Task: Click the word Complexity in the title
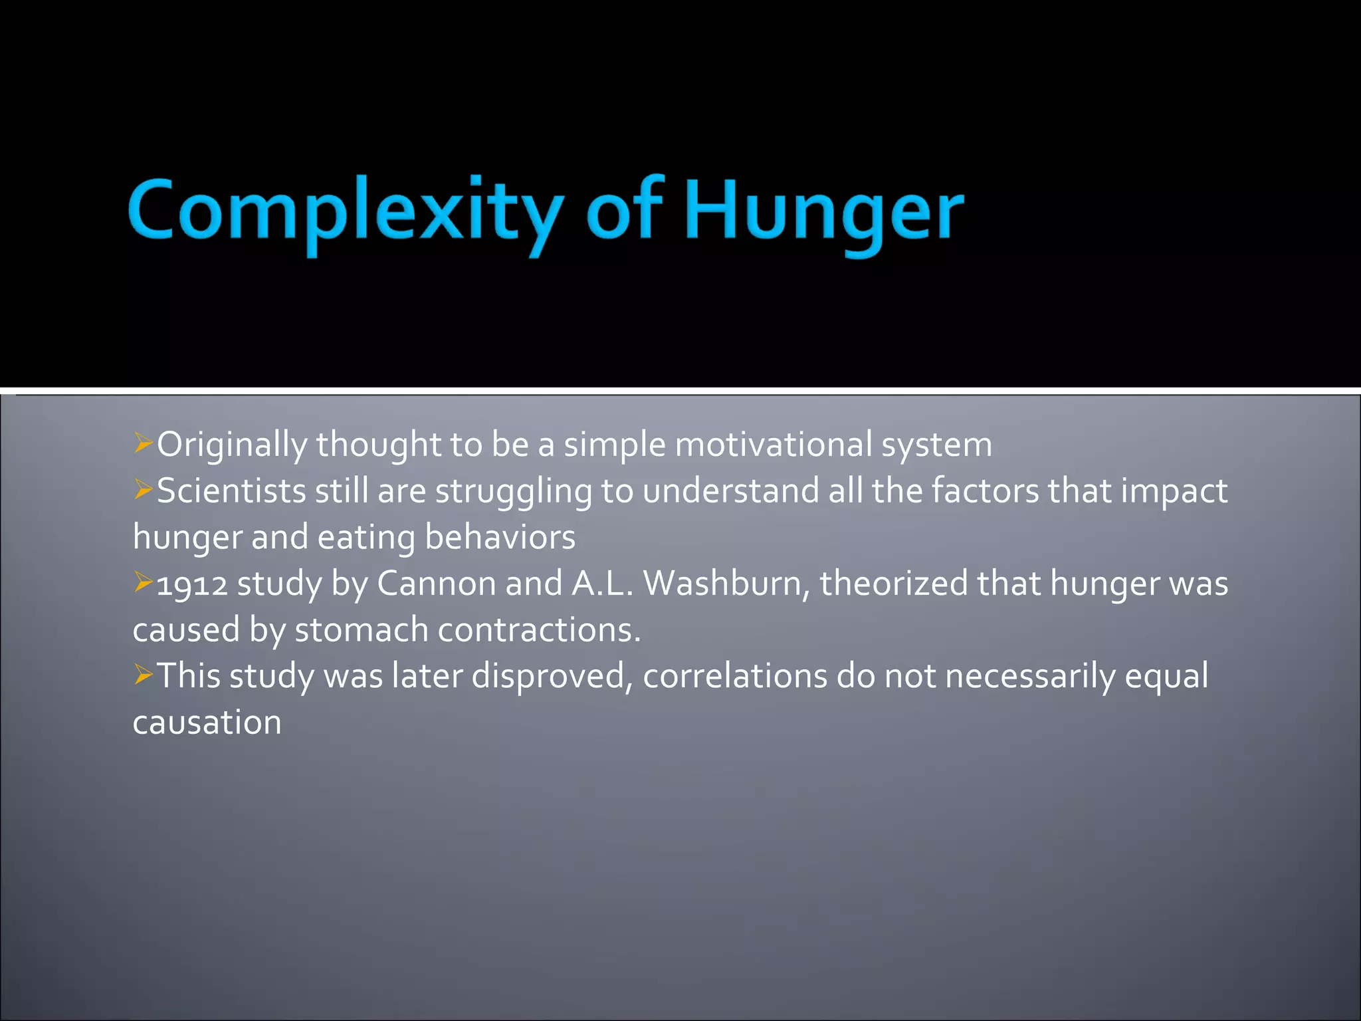346,211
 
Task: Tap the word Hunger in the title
824,211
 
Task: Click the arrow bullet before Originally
143,443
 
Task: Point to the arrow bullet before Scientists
143,489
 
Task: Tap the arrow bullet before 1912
143,582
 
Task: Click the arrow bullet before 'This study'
143,675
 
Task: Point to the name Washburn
726,584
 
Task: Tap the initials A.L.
601,584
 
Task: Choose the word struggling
514,492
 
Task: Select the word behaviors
500,537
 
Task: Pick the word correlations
735,676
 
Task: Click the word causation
207,723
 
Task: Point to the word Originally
232,444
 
